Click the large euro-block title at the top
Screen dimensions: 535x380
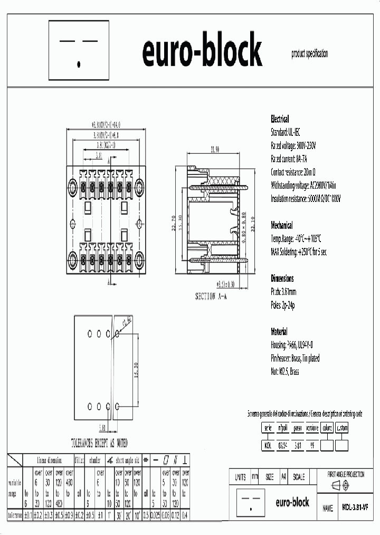click(x=202, y=51)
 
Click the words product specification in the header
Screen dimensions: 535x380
click(x=309, y=54)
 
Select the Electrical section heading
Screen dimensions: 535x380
click(x=280, y=119)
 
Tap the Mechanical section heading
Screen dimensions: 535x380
click(x=282, y=225)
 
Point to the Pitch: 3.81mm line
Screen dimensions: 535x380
click(x=283, y=291)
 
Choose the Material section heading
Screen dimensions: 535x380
click(x=279, y=331)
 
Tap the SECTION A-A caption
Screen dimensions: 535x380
click(x=211, y=296)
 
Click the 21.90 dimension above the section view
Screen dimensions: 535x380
click(x=214, y=150)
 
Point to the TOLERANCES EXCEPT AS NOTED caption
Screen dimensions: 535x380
click(x=99, y=443)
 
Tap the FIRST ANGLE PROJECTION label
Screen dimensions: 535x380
click(x=346, y=474)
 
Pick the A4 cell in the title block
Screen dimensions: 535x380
click(x=284, y=477)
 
